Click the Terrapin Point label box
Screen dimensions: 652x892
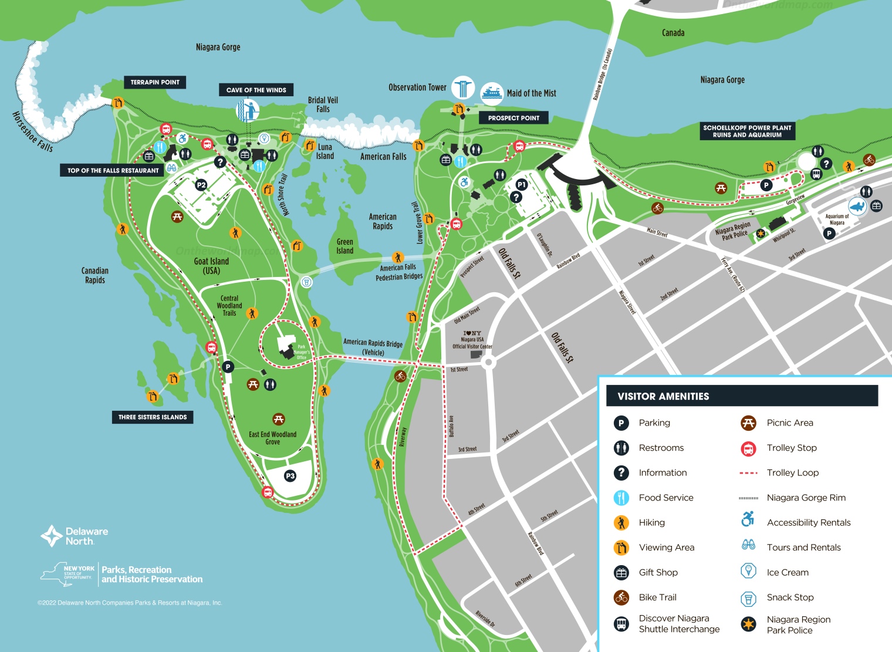pyautogui.click(x=155, y=82)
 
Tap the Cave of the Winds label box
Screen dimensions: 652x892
pyautogui.click(x=256, y=90)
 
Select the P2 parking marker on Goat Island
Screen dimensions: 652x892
pyautogui.click(x=201, y=185)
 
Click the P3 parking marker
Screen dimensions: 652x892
pyautogui.click(x=290, y=476)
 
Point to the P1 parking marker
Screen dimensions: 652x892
pyautogui.click(x=521, y=185)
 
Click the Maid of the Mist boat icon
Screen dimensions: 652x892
pyautogui.click(x=492, y=93)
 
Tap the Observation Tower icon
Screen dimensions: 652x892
pyautogui.click(x=462, y=87)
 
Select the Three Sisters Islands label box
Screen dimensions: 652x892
pyautogui.click(x=153, y=417)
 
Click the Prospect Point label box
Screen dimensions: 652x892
pyautogui.click(x=513, y=118)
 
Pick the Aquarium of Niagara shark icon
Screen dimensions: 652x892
pyautogui.click(x=857, y=207)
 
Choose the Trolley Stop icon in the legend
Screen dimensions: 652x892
pyautogui.click(x=748, y=448)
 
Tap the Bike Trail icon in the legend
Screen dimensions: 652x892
pyautogui.click(x=621, y=597)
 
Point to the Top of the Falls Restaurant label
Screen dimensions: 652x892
pyautogui.click(x=113, y=170)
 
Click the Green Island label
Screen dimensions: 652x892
pyautogui.click(x=345, y=246)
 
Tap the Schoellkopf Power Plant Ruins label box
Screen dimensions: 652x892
pyautogui.click(x=747, y=131)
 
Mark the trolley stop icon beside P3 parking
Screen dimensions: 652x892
pyautogui.click(x=268, y=492)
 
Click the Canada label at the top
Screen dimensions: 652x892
pyautogui.click(x=673, y=33)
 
